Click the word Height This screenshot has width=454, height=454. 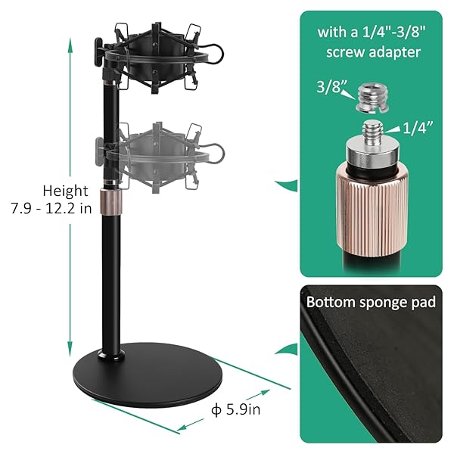click(65, 191)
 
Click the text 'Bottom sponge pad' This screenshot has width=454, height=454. click(371, 302)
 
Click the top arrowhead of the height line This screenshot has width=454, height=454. click(70, 44)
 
